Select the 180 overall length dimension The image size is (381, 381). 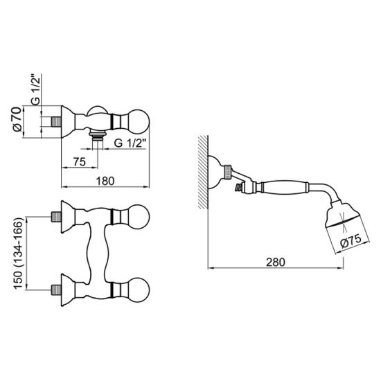click(105, 181)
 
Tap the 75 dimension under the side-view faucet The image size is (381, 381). click(79, 162)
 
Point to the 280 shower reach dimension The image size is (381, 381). click(275, 262)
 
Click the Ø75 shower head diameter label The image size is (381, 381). click(351, 242)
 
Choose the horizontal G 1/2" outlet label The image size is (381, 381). click(130, 143)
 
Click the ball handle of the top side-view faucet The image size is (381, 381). click(139, 121)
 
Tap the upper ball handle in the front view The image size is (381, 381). click(139, 217)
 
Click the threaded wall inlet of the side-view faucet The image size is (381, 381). click(56, 121)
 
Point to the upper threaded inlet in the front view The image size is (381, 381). click(56, 217)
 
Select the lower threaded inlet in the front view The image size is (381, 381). click(56, 291)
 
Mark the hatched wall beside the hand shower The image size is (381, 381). click(203, 172)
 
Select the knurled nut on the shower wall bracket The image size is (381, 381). click(227, 172)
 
